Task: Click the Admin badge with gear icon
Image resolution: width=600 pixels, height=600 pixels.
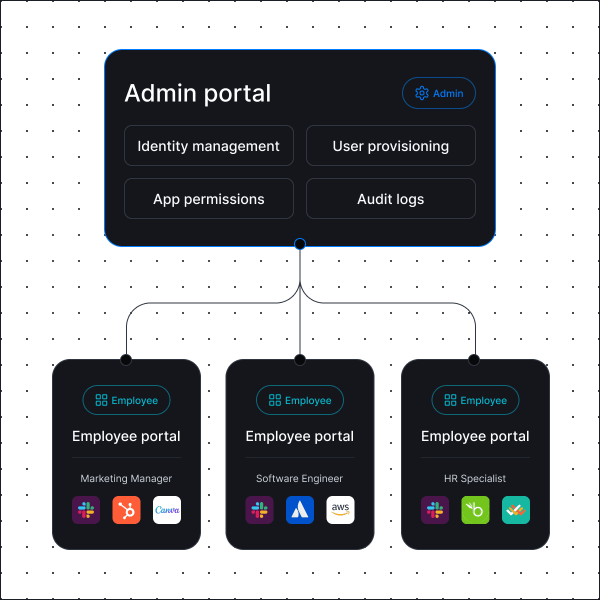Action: click(x=438, y=93)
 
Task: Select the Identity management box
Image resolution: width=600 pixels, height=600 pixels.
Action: click(x=208, y=145)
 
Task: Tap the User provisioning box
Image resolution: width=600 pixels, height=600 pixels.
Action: click(x=390, y=145)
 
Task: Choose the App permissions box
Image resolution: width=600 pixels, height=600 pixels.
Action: click(x=208, y=198)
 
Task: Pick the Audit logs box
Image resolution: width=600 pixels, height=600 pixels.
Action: click(x=390, y=198)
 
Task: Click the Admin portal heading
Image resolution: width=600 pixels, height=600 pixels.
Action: click(x=198, y=93)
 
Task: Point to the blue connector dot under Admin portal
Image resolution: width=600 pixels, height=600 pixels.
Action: click(x=300, y=243)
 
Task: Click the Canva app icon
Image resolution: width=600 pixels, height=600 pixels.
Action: click(x=167, y=510)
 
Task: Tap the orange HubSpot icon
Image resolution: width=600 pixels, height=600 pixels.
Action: click(x=126, y=510)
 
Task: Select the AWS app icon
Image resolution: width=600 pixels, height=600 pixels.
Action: click(x=340, y=510)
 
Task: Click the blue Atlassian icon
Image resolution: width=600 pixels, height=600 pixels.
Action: click(x=300, y=510)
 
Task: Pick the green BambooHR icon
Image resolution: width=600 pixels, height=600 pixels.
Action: click(x=475, y=510)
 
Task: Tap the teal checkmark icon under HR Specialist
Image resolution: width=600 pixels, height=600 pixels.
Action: click(x=516, y=510)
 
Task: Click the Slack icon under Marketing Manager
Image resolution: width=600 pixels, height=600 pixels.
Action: click(x=86, y=510)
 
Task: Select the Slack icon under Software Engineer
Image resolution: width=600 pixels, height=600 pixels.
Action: click(x=259, y=510)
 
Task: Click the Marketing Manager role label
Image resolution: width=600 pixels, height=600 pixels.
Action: click(x=126, y=478)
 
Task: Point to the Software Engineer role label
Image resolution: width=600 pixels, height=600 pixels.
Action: click(x=299, y=478)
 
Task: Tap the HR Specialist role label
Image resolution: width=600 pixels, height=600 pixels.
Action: click(x=475, y=478)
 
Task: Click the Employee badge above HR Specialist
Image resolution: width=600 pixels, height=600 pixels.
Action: click(x=475, y=400)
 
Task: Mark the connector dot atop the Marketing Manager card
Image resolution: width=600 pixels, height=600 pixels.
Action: click(x=126, y=359)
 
